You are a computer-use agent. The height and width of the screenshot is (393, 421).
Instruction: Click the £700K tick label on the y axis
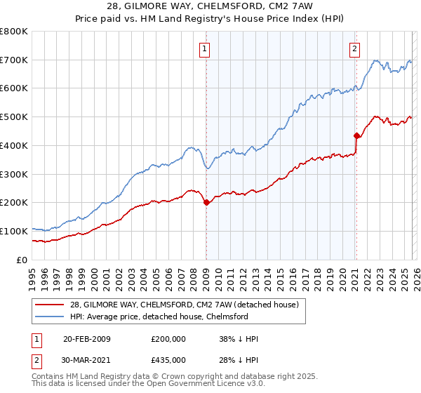coord(14,60)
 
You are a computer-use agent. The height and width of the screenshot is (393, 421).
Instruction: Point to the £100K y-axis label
coord(14,231)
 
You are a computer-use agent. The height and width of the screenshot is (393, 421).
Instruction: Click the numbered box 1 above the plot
coord(204,48)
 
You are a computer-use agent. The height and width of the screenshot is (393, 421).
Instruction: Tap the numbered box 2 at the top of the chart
coord(355,48)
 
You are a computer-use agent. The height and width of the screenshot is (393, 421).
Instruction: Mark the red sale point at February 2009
coord(206,203)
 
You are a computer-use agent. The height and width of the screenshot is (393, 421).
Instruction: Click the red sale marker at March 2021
coord(356,135)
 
